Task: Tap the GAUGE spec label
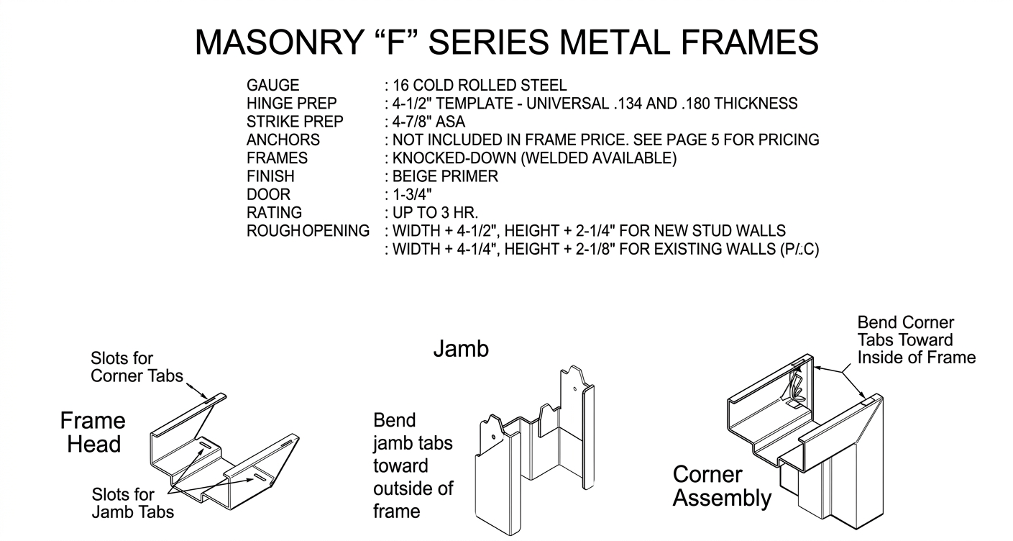(272, 86)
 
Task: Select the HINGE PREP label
(291, 104)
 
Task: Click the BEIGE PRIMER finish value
(444, 177)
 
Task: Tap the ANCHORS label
(283, 140)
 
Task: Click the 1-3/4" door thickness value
(412, 195)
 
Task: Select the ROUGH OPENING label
(308, 231)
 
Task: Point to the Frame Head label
(93, 432)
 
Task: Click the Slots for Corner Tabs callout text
(137, 367)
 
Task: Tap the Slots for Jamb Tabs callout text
(132, 503)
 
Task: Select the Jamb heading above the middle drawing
(461, 350)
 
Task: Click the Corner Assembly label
(721, 486)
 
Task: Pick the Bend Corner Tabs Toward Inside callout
(916, 340)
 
